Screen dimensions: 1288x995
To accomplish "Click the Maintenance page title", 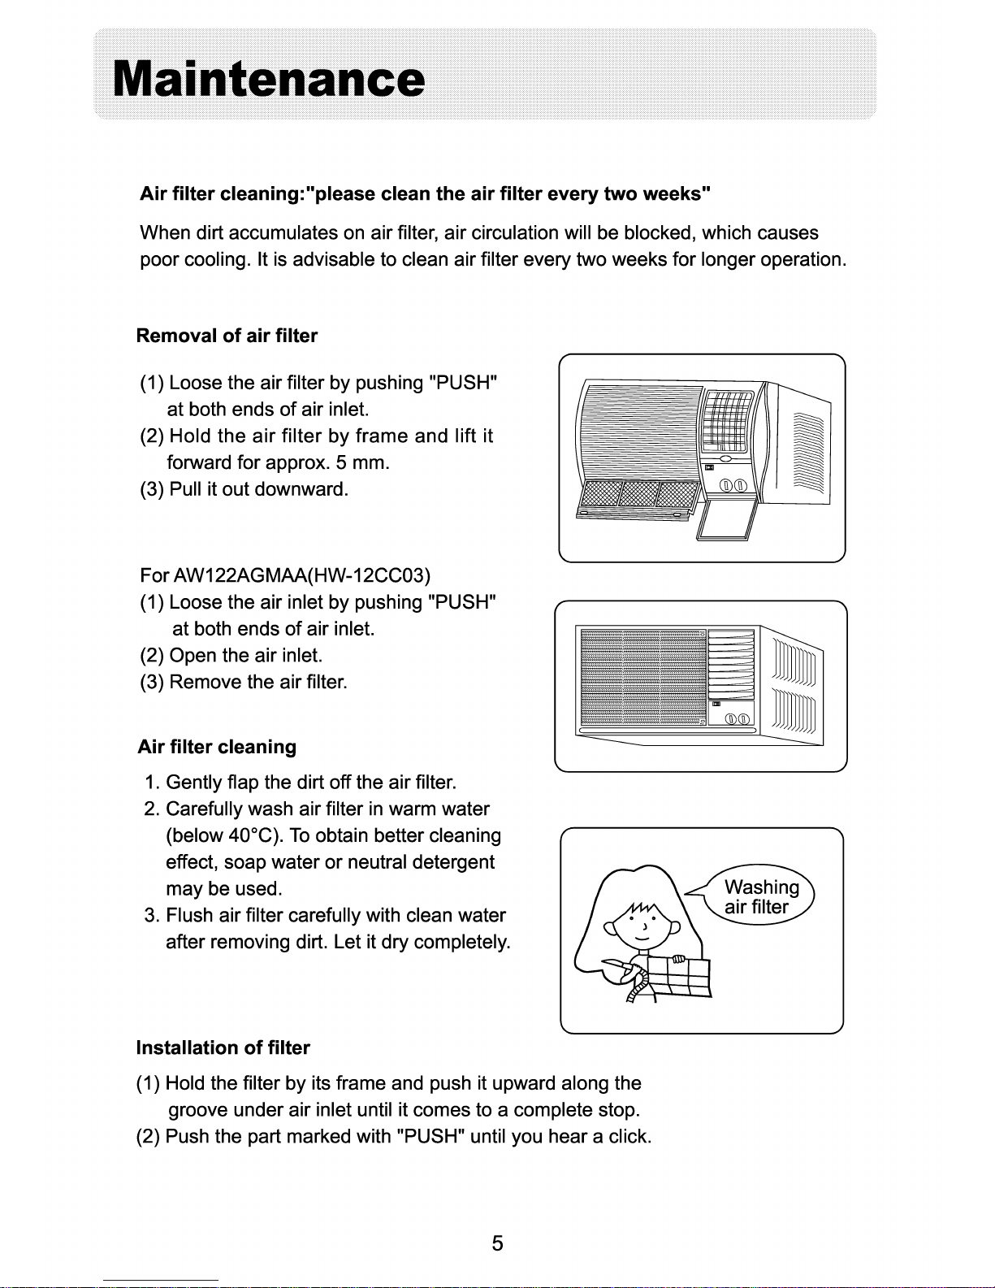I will coord(268,80).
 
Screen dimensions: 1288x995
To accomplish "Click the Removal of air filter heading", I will coord(227,336).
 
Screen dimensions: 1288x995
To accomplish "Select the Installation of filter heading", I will coord(223,1047).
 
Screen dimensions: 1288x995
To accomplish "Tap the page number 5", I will coord(497,1243).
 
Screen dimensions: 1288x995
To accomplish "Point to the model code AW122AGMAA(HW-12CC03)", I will coord(300,576).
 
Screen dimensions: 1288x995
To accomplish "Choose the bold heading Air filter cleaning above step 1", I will coord(217,747).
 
